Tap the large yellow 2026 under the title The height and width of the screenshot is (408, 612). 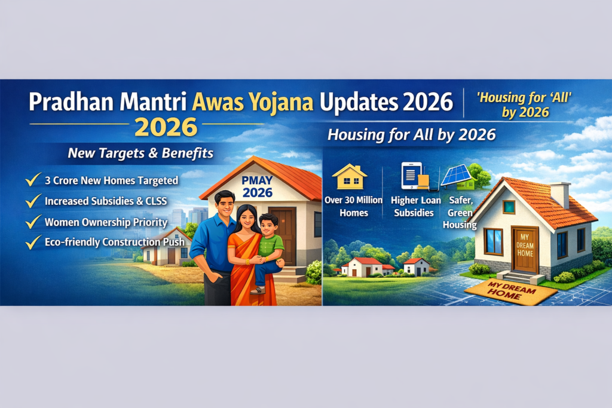coord(166,128)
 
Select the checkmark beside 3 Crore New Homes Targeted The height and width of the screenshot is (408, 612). coord(33,180)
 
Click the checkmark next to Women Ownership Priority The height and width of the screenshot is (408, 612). coord(33,222)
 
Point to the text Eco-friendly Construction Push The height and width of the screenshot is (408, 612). coord(115,242)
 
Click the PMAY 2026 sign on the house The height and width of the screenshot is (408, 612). coord(257,186)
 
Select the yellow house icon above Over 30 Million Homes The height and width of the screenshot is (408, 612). coord(350,177)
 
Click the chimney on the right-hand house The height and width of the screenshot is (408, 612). coord(561,194)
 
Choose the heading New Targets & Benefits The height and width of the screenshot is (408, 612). coord(140,153)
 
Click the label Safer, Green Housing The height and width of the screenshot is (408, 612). coord(460,213)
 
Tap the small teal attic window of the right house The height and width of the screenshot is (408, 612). coord(509,207)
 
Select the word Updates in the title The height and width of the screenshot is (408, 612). coord(359,103)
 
